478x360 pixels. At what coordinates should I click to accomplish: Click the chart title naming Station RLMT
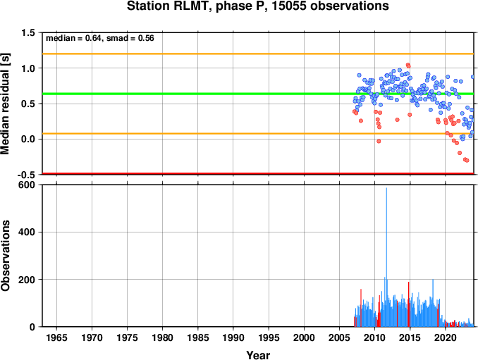257,6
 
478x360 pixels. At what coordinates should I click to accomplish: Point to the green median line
258,94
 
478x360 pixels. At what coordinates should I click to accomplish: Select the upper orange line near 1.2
258,54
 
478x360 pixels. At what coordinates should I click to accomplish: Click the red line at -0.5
258,173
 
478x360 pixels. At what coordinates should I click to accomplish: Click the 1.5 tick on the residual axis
27,33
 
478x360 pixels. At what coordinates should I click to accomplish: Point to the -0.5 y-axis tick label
26,175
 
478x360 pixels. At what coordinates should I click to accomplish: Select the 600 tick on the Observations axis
27,185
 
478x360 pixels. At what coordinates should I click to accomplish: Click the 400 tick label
27,232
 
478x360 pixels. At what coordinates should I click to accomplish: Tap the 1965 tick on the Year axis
56,337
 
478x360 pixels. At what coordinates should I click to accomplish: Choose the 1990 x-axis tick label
233,337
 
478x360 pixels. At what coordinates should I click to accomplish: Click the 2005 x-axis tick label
339,337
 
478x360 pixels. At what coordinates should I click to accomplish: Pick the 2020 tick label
446,337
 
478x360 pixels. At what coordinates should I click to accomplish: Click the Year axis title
258,355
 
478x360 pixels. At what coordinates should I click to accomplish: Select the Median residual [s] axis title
5,104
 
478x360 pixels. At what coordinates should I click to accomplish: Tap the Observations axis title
5,256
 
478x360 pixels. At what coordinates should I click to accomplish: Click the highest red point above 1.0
408,65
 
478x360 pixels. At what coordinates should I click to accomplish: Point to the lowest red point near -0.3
467,160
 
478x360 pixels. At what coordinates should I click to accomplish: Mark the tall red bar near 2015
409,304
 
